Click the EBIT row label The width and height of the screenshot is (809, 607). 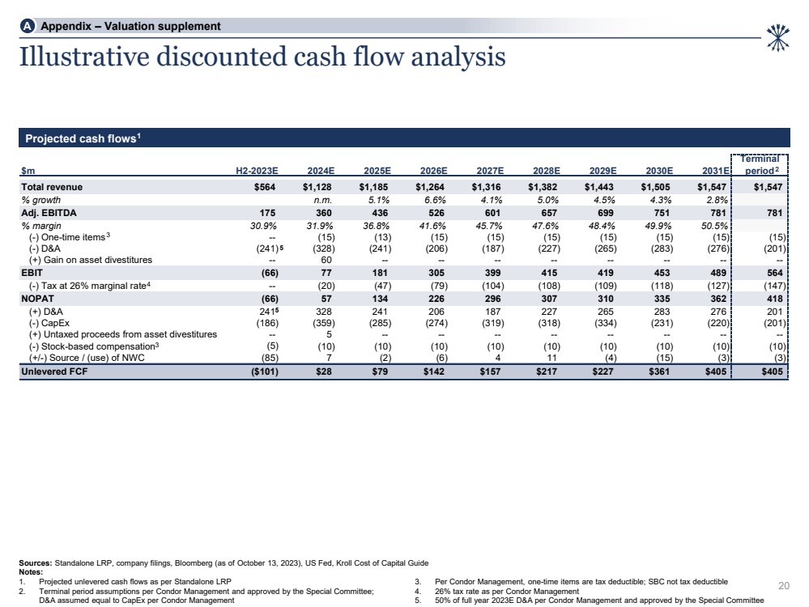pos(32,274)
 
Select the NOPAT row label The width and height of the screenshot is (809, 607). pos(36,298)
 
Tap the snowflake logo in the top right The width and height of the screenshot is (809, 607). pos(777,37)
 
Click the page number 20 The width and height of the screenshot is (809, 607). pos(783,586)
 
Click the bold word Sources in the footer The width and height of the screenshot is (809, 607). pos(35,562)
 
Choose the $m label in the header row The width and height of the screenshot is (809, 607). pos(27,171)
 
